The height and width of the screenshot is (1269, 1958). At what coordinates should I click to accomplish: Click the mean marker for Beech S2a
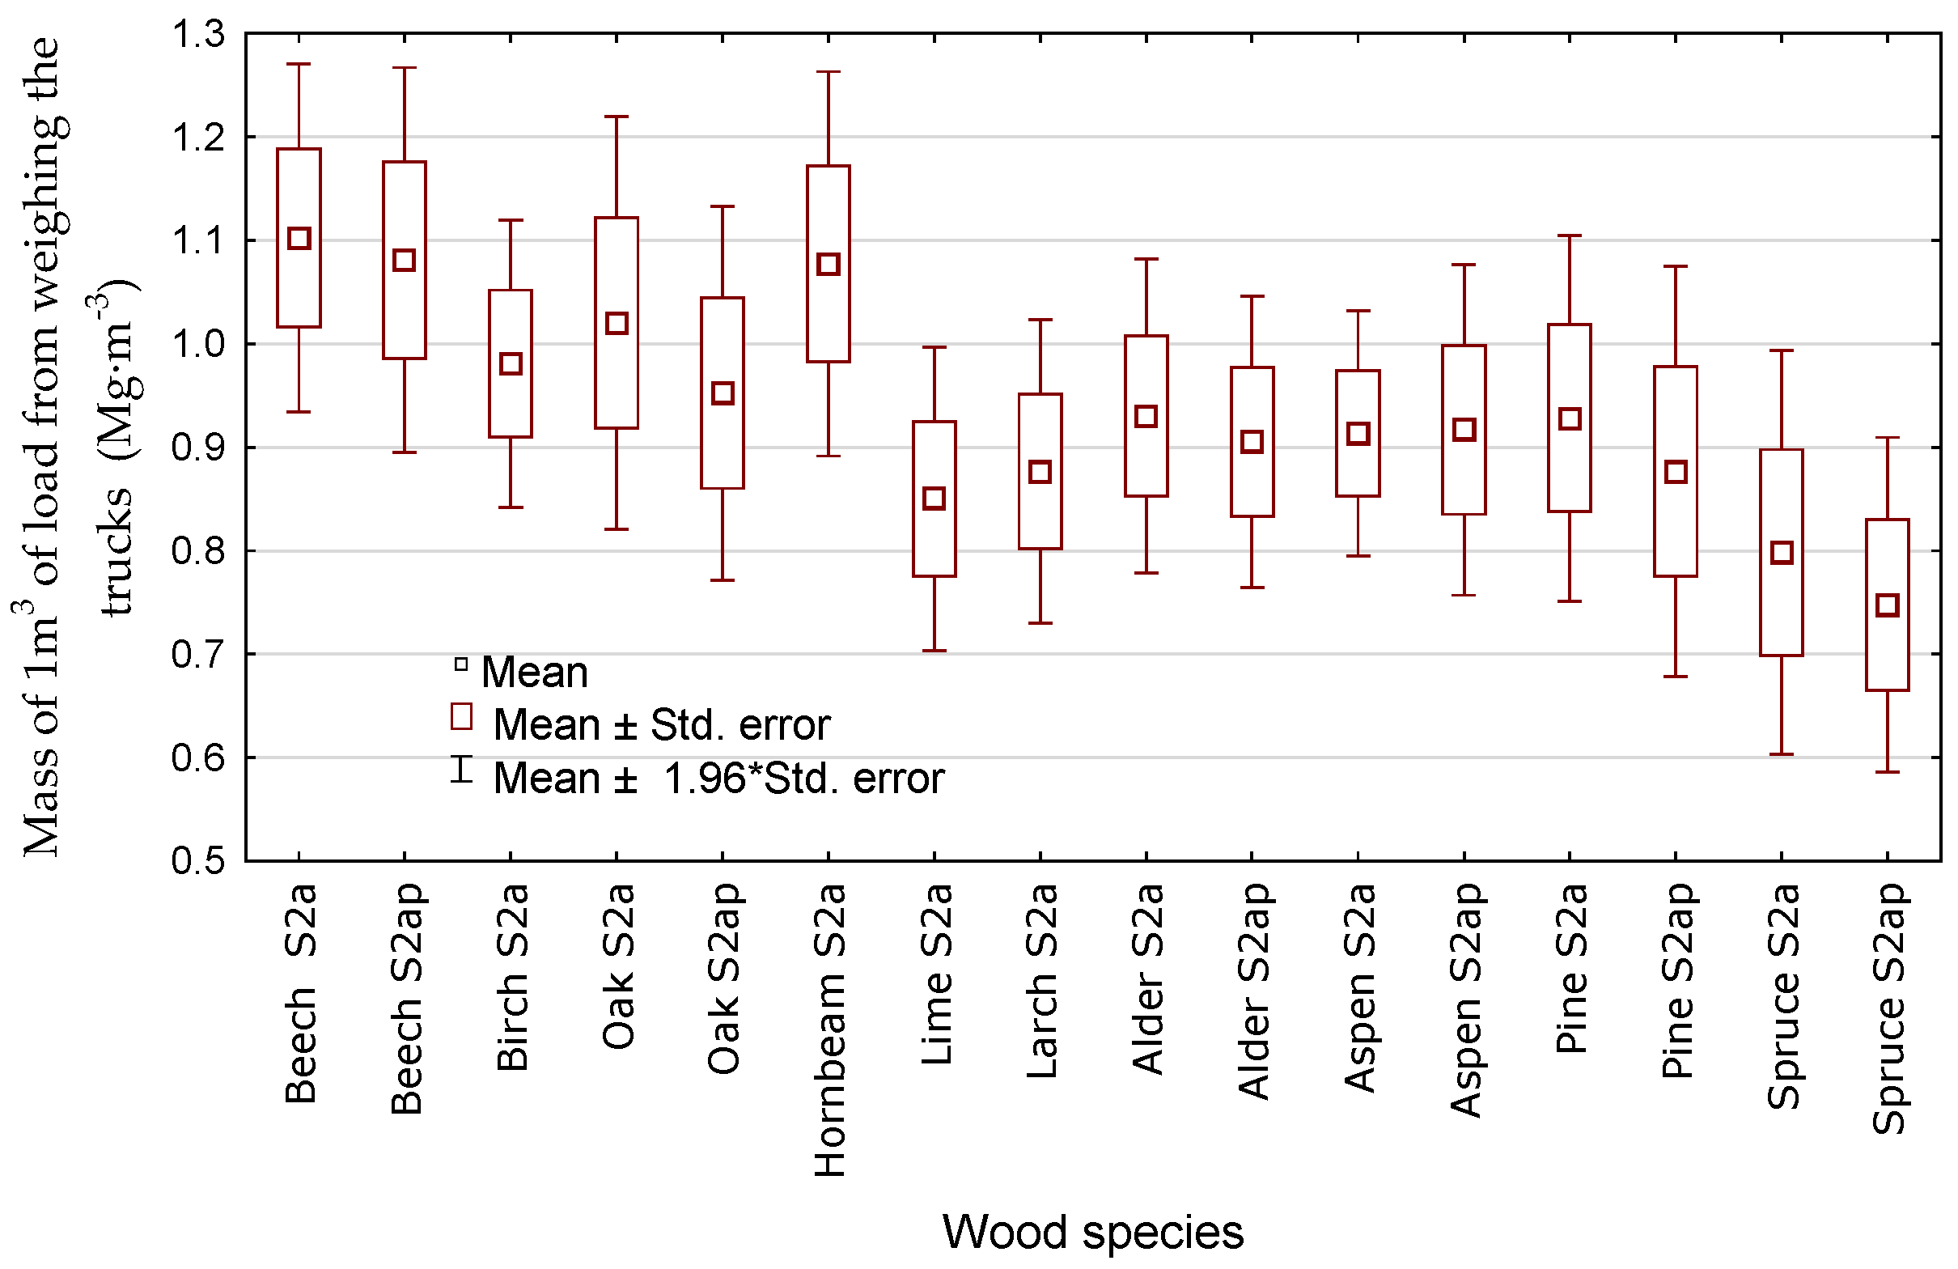click(299, 239)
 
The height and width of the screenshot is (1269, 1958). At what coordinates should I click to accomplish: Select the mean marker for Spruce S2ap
click(1888, 605)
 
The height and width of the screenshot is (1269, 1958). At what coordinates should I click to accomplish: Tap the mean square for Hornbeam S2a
click(829, 264)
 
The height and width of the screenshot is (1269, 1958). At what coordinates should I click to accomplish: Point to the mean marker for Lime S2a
click(934, 499)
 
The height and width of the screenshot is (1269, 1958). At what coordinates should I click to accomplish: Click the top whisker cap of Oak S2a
click(617, 117)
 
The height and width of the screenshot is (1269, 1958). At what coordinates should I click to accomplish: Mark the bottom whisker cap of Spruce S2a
click(1781, 753)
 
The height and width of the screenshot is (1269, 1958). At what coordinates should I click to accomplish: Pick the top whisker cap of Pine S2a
click(1570, 236)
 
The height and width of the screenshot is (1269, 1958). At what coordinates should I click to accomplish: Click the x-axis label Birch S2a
click(511, 977)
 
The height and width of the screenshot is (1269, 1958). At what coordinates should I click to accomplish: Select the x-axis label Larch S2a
click(1040, 980)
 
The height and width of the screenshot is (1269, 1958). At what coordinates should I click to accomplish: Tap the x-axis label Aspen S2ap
click(1464, 999)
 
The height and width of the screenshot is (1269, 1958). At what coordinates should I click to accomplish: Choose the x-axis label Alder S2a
click(1146, 978)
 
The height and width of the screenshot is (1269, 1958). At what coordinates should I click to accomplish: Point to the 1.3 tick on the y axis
click(197, 35)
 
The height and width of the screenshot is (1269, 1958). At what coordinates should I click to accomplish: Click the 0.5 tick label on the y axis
click(197, 861)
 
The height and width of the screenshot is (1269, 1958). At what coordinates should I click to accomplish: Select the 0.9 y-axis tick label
click(197, 448)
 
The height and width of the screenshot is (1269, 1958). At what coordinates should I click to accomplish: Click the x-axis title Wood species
click(1092, 1232)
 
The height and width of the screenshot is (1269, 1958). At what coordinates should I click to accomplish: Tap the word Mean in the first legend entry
click(535, 673)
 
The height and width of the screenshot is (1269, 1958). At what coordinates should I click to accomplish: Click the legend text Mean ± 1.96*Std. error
click(718, 778)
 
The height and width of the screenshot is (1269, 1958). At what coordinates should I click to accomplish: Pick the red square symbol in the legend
click(461, 717)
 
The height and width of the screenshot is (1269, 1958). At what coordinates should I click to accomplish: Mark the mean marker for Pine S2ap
click(1676, 473)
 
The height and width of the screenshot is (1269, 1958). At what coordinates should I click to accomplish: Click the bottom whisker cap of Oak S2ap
click(723, 580)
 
